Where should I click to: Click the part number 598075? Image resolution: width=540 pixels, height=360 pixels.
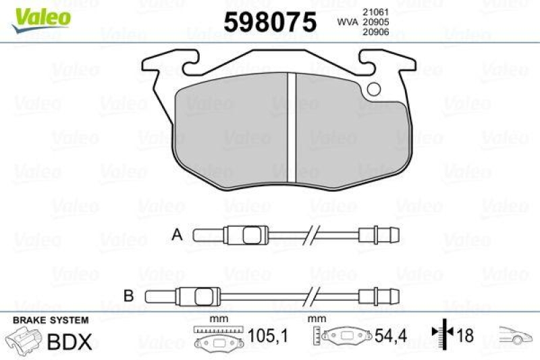(269, 23)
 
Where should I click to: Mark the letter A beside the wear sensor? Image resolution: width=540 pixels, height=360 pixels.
(177, 235)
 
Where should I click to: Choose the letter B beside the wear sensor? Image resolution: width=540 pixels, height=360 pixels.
(128, 295)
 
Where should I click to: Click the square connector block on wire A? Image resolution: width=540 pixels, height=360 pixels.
(251, 236)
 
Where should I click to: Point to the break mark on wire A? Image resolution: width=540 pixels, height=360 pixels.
(312, 236)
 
